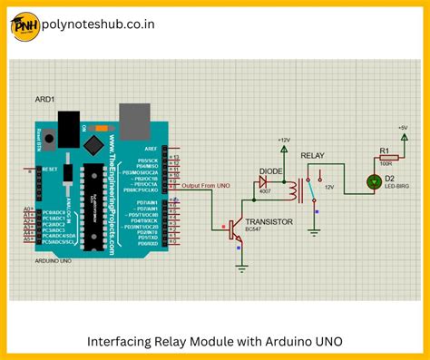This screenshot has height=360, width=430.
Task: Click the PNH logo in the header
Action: (25, 26)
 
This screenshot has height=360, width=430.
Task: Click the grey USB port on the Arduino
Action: (133, 117)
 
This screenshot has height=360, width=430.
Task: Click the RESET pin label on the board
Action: (51, 169)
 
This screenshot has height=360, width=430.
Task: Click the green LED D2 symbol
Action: (373, 182)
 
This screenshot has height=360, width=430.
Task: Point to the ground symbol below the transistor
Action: (242, 267)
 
